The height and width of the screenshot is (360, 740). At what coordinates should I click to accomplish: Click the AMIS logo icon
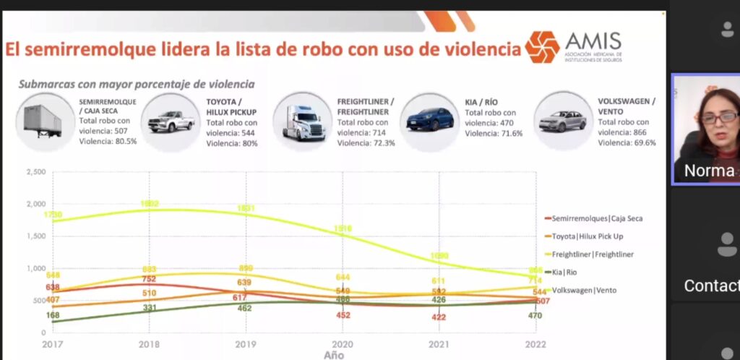click(542, 47)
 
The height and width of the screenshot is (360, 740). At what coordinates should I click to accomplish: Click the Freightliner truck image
click(304, 121)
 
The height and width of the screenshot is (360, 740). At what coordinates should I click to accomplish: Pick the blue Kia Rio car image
click(431, 119)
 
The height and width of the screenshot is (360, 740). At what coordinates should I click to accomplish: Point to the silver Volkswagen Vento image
click(562, 120)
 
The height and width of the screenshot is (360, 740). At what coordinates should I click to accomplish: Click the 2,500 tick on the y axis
click(35, 172)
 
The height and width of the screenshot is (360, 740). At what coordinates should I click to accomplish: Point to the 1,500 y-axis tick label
click(35, 236)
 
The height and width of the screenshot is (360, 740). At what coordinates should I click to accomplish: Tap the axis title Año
click(334, 355)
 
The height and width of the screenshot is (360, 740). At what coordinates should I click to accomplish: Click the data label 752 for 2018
click(149, 280)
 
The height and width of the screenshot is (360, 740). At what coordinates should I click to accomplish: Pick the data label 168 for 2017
click(52, 316)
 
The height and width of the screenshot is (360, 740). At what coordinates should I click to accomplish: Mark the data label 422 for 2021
click(437, 317)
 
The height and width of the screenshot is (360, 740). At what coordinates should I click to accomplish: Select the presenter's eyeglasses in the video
click(718, 116)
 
